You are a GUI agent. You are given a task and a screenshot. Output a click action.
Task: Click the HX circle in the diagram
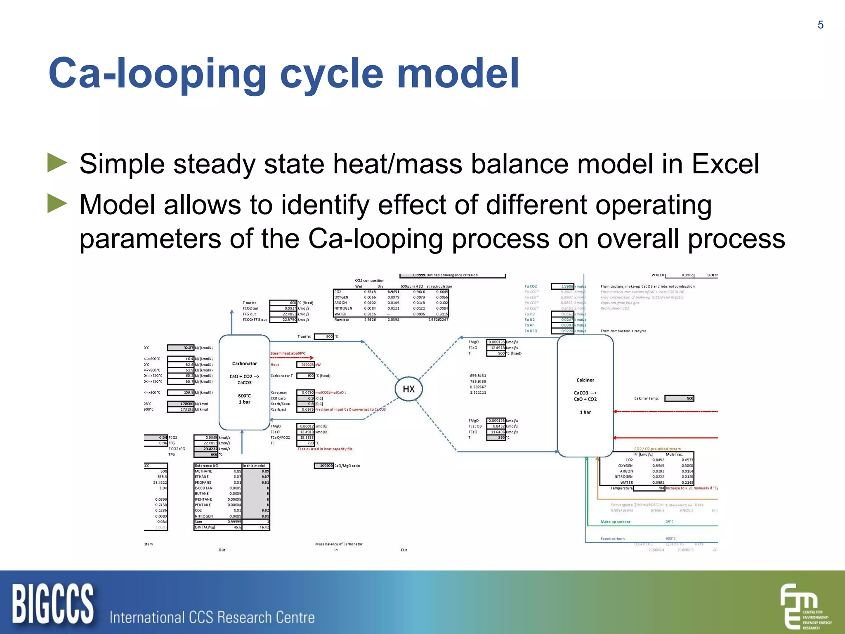[408, 389]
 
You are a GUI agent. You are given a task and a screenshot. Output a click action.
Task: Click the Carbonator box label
[244, 364]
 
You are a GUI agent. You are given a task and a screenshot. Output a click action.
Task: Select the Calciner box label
[585, 380]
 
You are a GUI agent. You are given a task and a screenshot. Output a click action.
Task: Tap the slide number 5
[820, 25]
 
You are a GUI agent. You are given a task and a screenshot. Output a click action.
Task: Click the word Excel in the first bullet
[725, 164]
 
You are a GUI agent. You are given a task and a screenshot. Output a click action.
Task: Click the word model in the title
[458, 73]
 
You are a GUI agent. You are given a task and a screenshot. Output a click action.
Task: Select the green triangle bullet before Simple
[57, 163]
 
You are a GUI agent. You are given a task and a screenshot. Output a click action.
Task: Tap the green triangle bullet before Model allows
[57, 203]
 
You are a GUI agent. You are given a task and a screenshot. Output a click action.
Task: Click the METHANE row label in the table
[203, 471]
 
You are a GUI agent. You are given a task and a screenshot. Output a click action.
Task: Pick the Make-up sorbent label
[615, 522]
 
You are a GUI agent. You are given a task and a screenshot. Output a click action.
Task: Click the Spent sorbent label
[612, 539]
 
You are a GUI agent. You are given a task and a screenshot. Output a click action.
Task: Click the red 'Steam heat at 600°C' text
[288, 353]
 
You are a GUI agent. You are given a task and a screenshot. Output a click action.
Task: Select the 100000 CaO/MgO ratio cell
[324, 466]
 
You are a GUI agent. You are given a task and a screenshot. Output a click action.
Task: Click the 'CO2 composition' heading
[369, 280]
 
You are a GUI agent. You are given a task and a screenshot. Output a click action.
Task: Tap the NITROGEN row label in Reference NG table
[204, 516]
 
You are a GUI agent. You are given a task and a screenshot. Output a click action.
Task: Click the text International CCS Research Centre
[212, 617]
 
